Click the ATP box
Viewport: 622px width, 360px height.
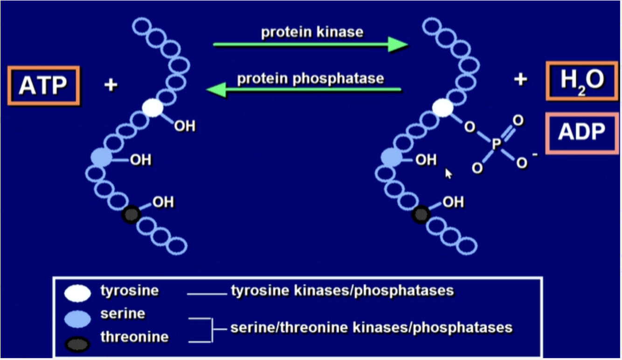(x=43, y=86)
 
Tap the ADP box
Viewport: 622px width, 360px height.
(x=581, y=133)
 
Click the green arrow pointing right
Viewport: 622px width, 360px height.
(x=310, y=45)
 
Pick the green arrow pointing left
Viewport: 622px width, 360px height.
(x=303, y=90)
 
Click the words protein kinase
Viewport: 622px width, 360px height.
(x=312, y=32)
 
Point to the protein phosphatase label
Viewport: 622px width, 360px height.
(x=311, y=78)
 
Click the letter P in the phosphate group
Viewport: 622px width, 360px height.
(x=496, y=145)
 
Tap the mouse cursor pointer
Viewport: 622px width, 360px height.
(x=449, y=173)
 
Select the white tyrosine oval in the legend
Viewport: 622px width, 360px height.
(x=77, y=292)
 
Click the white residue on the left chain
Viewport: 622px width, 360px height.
(x=152, y=108)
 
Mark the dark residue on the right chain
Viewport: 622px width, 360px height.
(x=421, y=215)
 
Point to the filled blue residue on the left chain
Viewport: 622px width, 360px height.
(x=102, y=157)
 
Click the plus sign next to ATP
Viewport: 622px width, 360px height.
(x=111, y=85)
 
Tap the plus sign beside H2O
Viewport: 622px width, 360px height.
(x=520, y=80)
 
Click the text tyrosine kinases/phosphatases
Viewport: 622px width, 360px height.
(x=342, y=291)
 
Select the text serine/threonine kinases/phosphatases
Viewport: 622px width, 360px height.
(x=371, y=327)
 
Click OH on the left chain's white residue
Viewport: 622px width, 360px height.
(x=185, y=126)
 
